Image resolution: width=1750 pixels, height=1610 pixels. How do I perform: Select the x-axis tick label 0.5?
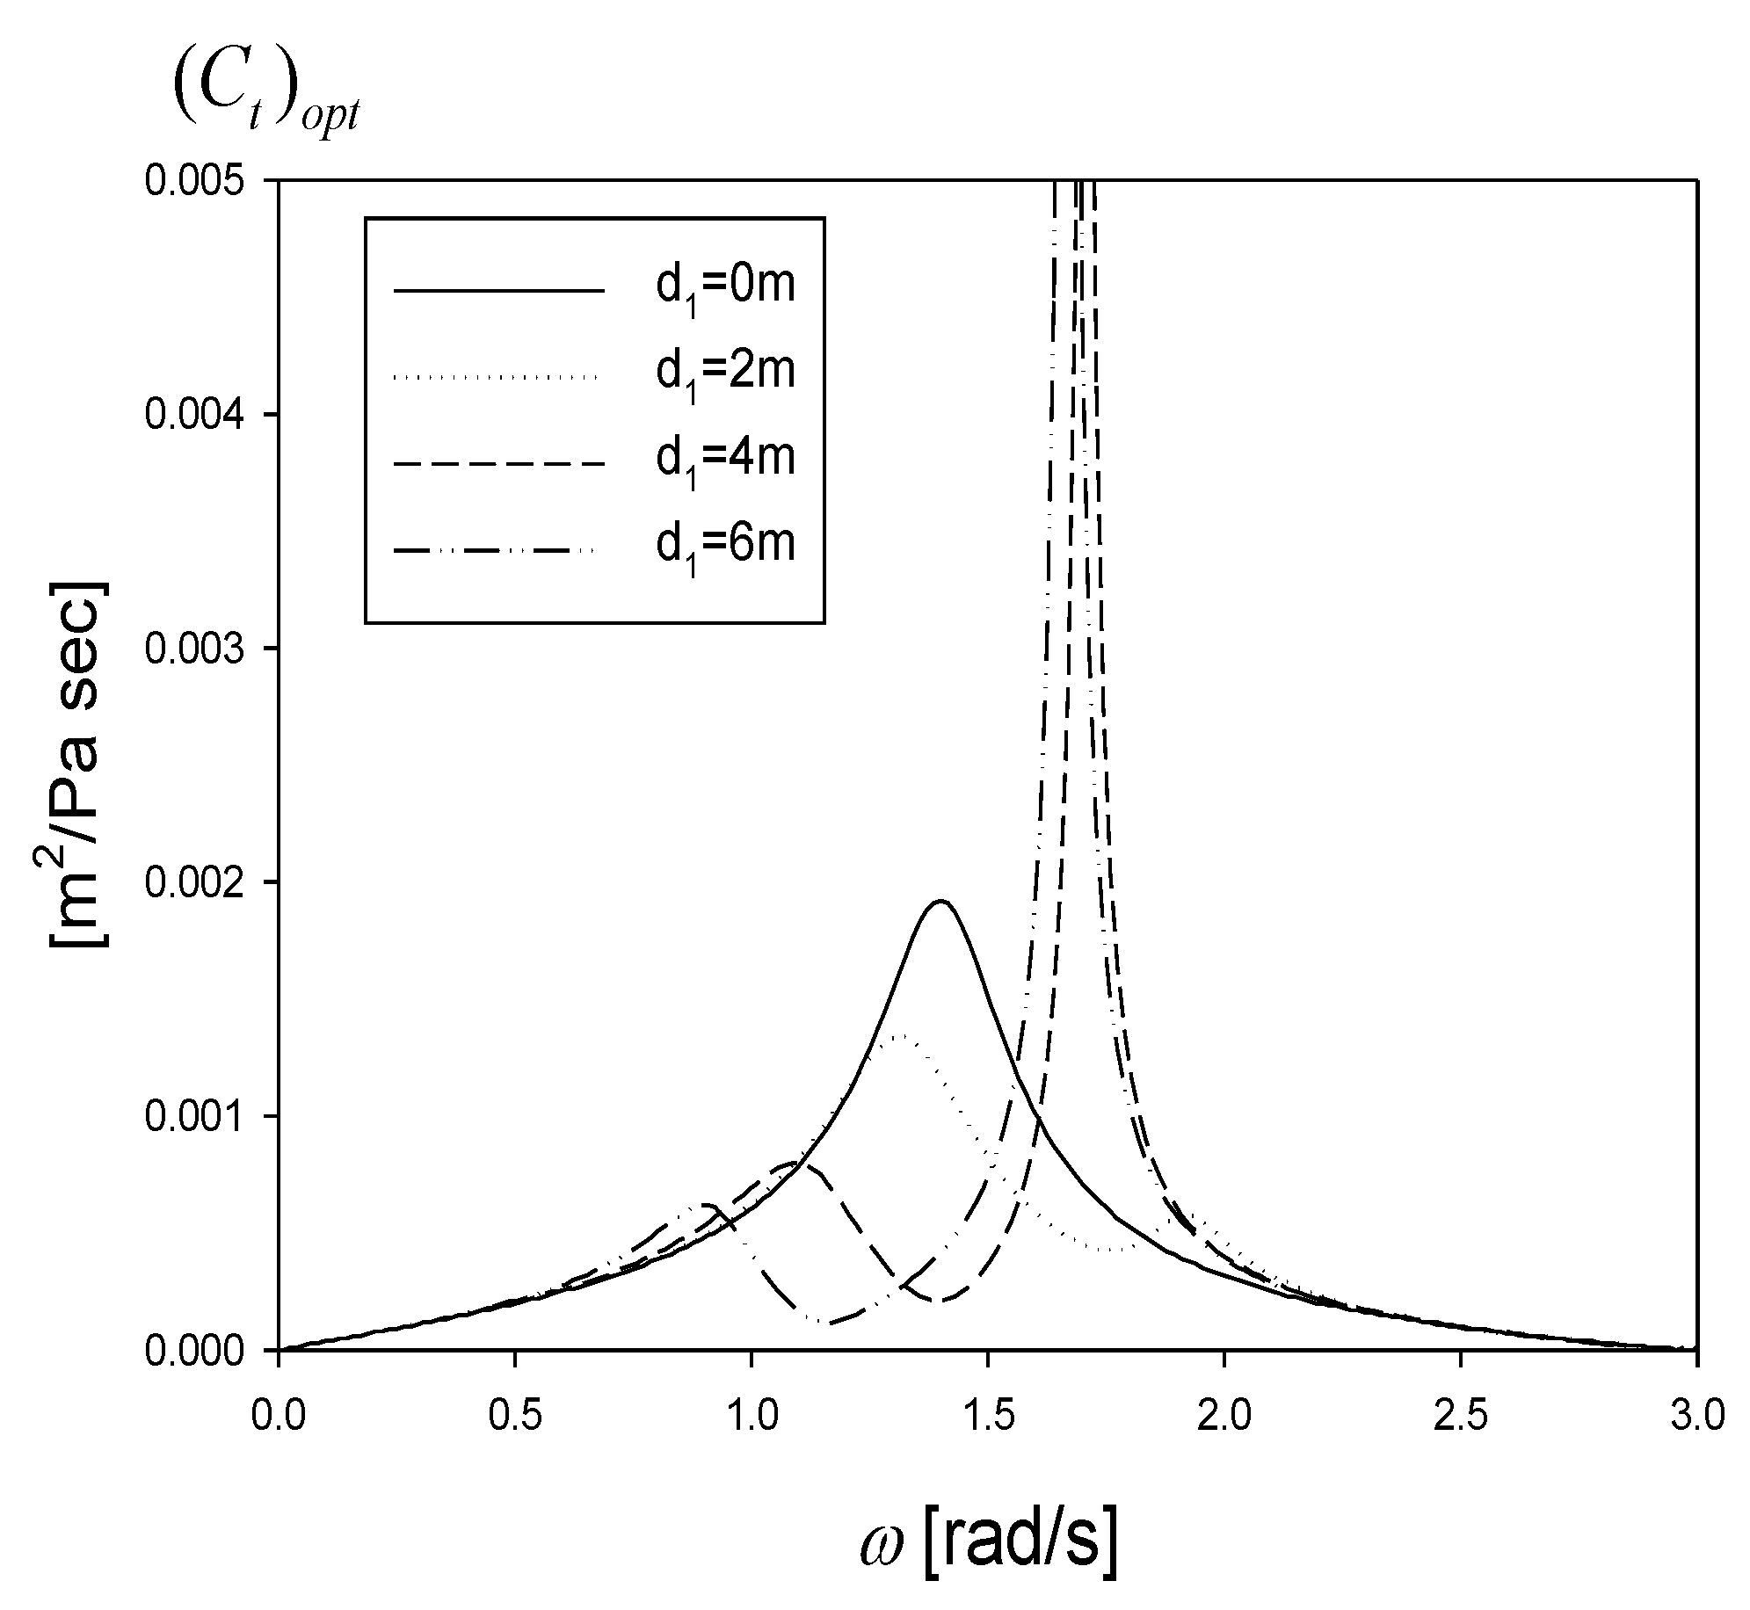coord(514,1417)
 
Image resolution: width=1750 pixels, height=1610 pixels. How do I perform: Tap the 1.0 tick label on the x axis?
coord(751,1417)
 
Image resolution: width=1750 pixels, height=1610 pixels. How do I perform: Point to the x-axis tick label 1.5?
coord(987,1417)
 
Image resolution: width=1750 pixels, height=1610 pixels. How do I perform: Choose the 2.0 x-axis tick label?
coord(1224,1417)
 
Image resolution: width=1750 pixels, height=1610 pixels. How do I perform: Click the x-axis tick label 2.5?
coord(1460,1417)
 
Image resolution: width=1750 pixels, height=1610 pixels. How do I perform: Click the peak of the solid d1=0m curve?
coord(940,901)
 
